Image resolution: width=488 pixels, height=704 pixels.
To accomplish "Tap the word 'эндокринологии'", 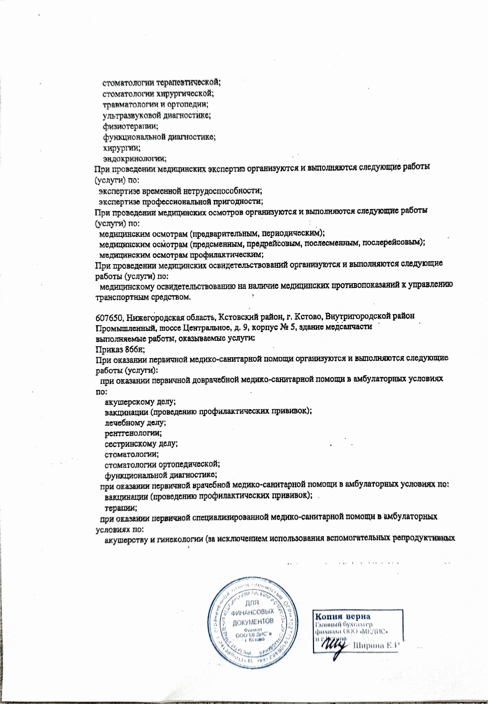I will [x=135, y=159].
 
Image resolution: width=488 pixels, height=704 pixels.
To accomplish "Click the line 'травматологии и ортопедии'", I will [x=155, y=105].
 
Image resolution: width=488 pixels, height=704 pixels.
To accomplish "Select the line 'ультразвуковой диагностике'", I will [x=156, y=116].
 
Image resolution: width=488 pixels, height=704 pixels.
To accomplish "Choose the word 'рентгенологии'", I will [x=133, y=433].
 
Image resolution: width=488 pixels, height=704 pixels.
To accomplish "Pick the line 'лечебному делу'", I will [x=135, y=422].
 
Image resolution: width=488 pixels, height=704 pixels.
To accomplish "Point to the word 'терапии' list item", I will [x=121, y=508].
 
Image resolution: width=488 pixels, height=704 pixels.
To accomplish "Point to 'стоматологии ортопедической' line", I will [x=162, y=465].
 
